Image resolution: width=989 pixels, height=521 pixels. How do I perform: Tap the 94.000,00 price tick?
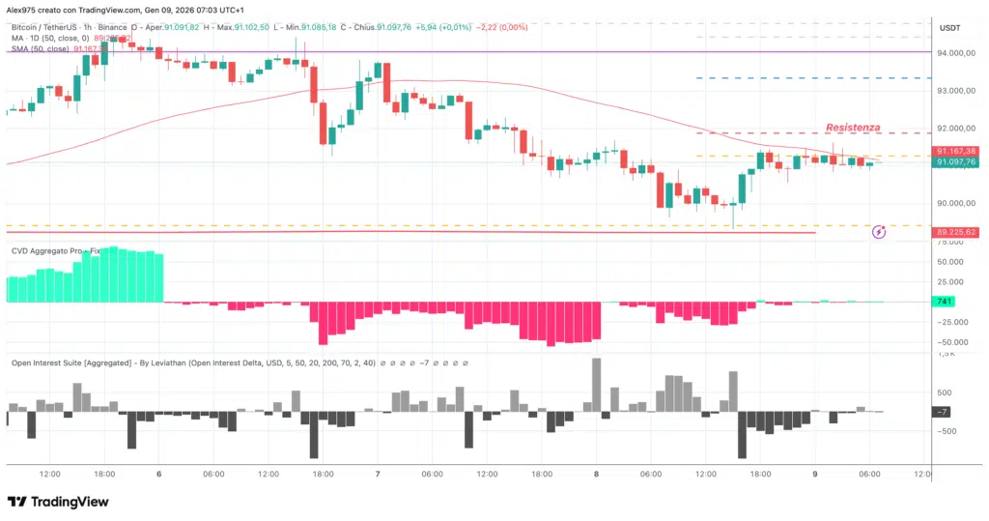coord(954,53)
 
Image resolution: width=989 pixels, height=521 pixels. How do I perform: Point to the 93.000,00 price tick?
coord(954,91)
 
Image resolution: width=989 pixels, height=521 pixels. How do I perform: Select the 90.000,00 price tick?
coord(954,203)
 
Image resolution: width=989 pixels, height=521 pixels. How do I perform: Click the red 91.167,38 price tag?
coord(956,152)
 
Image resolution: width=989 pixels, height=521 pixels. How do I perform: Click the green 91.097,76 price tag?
coord(956,162)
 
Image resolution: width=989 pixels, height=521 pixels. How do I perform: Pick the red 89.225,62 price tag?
coord(956,232)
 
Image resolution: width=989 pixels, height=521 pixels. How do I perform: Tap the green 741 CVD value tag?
coord(946,303)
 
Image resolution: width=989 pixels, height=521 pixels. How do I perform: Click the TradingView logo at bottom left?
coord(58,502)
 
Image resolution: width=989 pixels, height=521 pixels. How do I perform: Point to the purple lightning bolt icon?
coord(879,232)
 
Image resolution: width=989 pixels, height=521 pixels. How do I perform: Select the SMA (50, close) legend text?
coord(41,48)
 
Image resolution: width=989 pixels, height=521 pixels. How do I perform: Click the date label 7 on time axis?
coord(378,475)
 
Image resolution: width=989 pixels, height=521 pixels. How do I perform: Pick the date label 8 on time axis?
coord(597,475)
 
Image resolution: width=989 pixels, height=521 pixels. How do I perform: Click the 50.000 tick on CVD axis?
coord(950,262)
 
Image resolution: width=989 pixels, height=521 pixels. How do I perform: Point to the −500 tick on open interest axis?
coord(948,431)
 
